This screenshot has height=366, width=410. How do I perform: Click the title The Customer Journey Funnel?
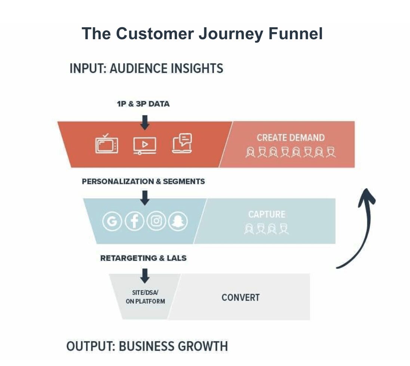[x=202, y=34]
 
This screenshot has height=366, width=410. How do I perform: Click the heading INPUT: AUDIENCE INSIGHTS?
[x=146, y=69]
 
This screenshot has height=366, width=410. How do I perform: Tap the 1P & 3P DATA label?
[x=143, y=104]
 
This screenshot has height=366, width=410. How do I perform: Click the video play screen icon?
[x=145, y=145]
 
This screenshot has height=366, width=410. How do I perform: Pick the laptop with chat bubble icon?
[x=182, y=143]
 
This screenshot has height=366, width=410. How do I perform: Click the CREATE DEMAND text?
[x=290, y=138]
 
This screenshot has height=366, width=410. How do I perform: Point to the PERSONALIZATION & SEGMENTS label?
[x=143, y=182]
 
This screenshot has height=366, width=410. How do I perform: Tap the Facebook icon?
[x=134, y=222]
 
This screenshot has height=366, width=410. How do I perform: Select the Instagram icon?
[x=156, y=222]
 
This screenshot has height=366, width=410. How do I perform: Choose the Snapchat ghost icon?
[x=178, y=222]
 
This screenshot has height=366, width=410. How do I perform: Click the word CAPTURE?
[x=266, y=214]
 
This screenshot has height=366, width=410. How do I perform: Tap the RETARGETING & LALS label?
[x=143, y=258]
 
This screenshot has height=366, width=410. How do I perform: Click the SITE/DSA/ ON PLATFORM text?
[x=145, y=297]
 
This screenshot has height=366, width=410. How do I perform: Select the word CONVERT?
[x=241, y=298]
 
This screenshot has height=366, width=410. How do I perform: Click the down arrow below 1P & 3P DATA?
[x=145, y=122]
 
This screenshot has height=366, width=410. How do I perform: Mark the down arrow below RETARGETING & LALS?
[x=145, y=276]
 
